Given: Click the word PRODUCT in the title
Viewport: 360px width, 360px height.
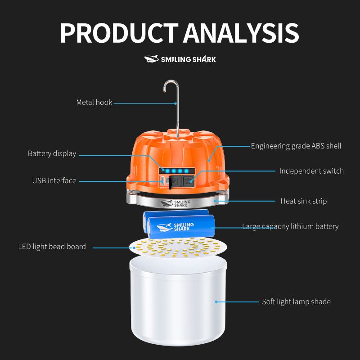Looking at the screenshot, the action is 119,33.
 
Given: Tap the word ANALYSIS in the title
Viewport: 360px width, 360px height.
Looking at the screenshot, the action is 241,33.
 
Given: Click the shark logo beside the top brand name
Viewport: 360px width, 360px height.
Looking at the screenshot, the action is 152,59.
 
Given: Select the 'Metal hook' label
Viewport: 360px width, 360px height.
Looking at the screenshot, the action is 94,103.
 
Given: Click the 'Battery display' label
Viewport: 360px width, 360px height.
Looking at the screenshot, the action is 52,153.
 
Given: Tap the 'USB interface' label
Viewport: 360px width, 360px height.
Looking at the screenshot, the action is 54,181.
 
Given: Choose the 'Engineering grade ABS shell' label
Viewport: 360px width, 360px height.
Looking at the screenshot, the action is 296,146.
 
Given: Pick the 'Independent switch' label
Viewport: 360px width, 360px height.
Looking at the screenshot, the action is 311,171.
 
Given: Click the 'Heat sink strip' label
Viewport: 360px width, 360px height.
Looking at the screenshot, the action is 303,201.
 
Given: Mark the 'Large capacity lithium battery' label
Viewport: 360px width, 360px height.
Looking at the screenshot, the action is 290,227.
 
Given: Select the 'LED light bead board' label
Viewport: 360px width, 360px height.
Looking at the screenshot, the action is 52,247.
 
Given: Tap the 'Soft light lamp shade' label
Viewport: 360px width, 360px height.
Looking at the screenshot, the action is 296,301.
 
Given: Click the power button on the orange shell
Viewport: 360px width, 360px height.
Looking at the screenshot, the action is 188,181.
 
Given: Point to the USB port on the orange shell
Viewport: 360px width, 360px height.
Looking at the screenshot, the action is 162,181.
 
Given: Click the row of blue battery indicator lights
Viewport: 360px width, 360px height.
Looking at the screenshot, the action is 177,171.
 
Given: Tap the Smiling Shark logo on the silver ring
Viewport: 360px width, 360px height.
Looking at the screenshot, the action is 175,203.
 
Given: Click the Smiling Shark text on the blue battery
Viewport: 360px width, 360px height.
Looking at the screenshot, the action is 184,227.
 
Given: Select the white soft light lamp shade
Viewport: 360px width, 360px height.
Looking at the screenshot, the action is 178,301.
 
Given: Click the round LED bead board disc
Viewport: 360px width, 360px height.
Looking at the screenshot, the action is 178,247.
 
